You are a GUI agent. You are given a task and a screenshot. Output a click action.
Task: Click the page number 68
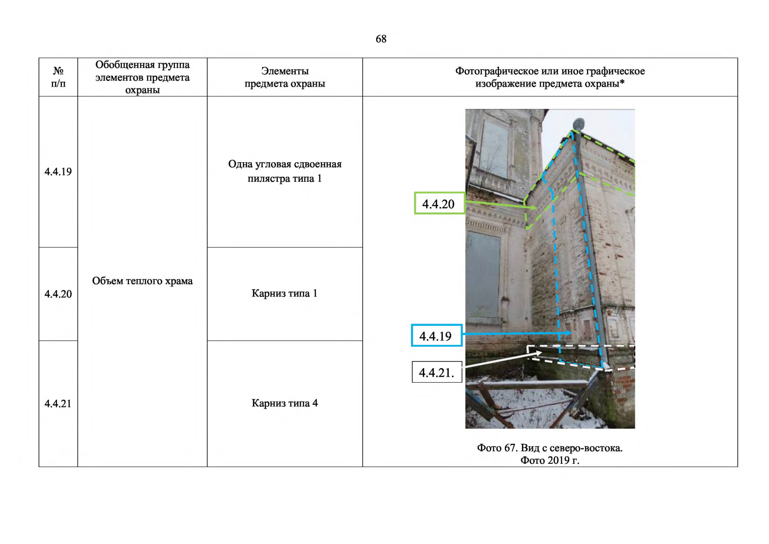pos(381,39)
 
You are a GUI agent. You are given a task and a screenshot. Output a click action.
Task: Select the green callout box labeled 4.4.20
pos(440,203)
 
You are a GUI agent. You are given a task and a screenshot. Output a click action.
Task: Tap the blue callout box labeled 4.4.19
pos(437,335)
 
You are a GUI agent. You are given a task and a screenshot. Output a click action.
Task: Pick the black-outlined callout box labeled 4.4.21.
pos(437,372)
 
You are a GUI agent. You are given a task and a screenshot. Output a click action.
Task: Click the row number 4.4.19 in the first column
pos(58,172)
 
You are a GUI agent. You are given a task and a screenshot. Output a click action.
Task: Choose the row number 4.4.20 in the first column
pos(58,294)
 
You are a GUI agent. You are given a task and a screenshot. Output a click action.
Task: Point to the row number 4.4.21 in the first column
pos(58,403)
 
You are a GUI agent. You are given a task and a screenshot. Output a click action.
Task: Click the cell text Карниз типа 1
pos(285,293)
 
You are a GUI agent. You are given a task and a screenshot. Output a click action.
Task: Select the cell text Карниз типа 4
pos(285,403)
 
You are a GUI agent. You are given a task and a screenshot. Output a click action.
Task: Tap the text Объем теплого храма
pos(142,281)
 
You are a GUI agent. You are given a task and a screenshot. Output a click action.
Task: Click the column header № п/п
pos(58,77)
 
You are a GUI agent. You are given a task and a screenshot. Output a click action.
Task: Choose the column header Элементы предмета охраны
pos(285,77)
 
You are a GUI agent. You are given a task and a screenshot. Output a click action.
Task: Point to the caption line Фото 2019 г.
pos(550,460)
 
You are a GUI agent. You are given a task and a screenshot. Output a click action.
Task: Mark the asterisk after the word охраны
pos(622,83)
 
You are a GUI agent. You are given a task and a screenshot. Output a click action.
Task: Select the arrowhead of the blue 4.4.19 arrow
pos(569,333)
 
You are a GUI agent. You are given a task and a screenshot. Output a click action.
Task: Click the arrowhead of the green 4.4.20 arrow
pos(533,208)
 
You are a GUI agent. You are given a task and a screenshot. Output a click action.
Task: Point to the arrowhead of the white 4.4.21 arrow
pos(539,353)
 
